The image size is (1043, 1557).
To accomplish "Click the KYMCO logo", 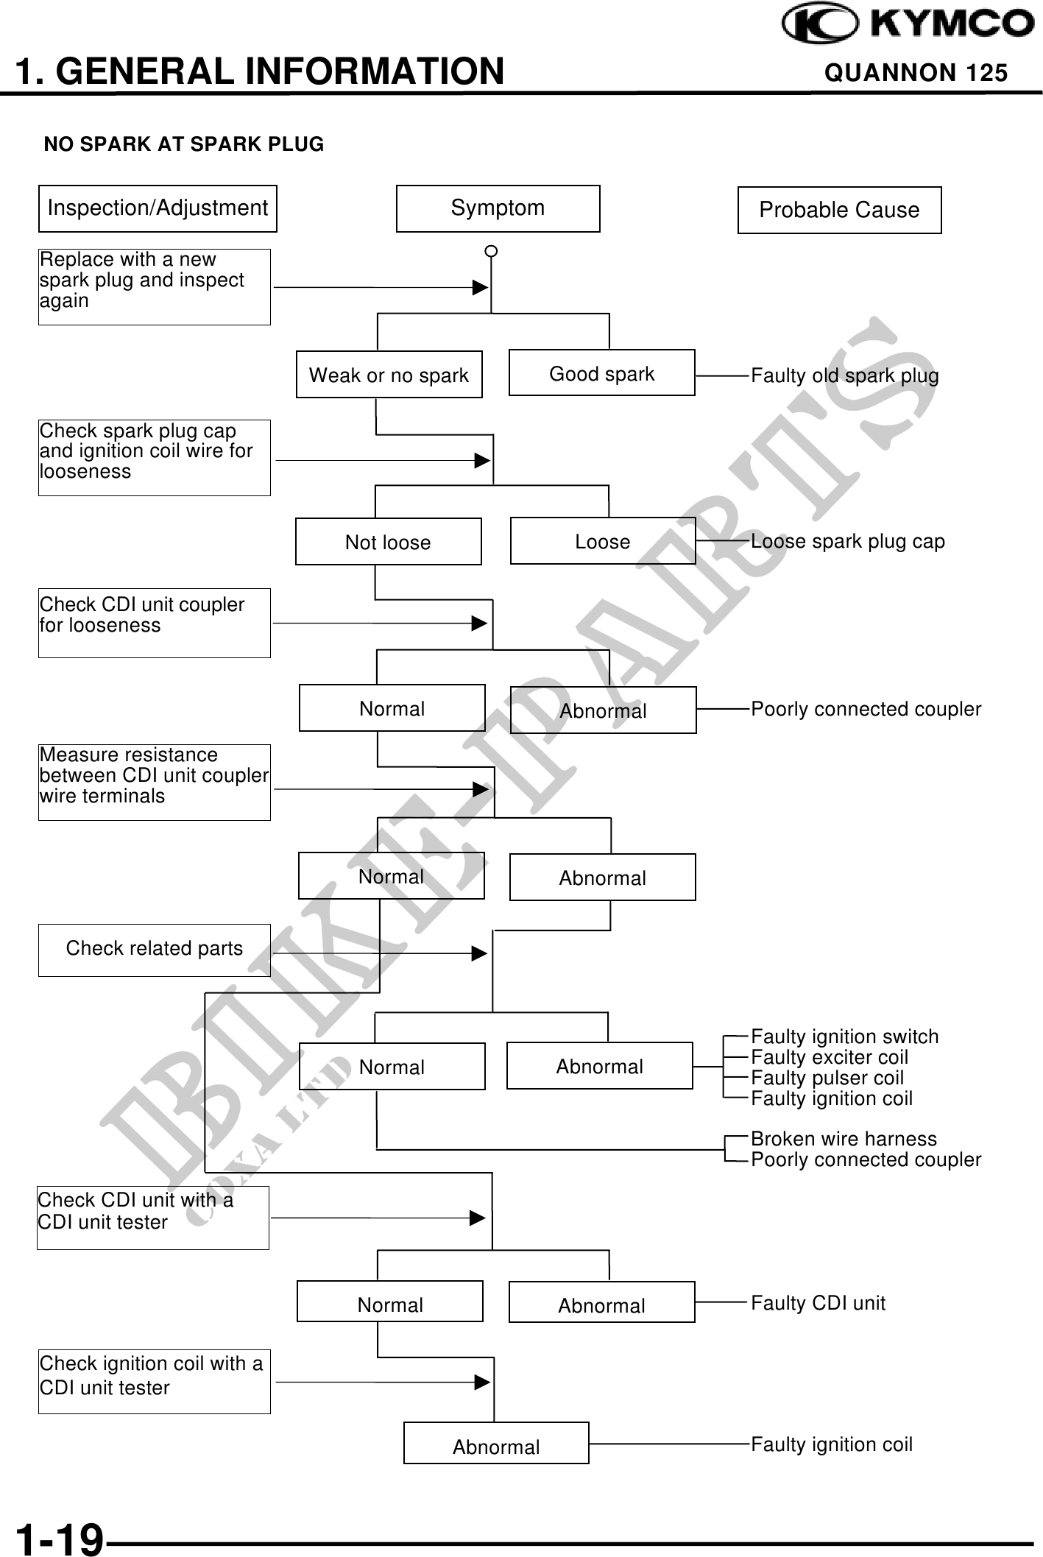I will coord(908,24).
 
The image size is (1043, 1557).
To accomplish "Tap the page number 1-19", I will coord(60,1539).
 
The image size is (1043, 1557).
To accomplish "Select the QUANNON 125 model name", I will coord(916,73).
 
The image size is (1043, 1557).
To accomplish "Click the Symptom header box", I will coord(498,208).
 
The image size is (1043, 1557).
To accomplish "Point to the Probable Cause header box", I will coord(839,211).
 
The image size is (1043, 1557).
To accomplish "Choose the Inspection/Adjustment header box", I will coord(158,208).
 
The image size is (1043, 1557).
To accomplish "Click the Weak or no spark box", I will coord(389,375).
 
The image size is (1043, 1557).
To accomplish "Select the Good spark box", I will coord(601,374).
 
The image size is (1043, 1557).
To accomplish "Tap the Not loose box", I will coord(388,543).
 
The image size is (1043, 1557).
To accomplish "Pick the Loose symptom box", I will coord(602,542).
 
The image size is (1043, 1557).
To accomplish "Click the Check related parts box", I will coord(154,949).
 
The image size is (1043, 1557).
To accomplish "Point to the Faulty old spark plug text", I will coord(844,375).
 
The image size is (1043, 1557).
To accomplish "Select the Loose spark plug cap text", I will coord(847,542).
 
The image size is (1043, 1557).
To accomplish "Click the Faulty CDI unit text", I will coord(818,1303).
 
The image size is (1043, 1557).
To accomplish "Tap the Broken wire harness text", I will coord(844,1139).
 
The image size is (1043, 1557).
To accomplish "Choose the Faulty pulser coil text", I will coord(827,1078).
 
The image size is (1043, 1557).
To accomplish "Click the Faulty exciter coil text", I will coord(829,1057).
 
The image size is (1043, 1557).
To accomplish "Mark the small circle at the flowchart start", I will coord(491,252).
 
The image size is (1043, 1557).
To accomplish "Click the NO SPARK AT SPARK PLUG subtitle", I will coord(184,144).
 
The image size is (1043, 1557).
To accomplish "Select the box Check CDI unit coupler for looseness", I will coord(154,623).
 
